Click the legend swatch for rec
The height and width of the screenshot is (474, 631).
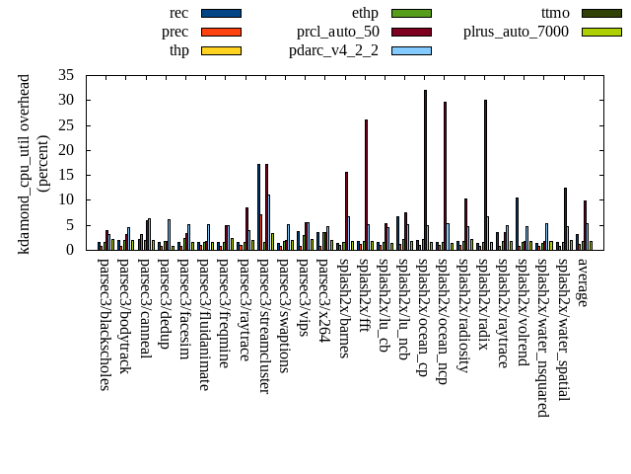point(221,13)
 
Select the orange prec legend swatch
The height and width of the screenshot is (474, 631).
point(221,32)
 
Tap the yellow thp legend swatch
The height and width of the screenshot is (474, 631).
point(221,50)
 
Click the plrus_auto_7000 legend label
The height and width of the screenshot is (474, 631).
point(516,32)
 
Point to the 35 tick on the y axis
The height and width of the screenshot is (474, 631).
point(67,75)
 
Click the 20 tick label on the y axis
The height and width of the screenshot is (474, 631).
point(67,150)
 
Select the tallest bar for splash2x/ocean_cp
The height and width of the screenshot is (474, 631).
point(425,169)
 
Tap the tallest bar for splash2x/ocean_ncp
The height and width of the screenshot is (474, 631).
point(445,175)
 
